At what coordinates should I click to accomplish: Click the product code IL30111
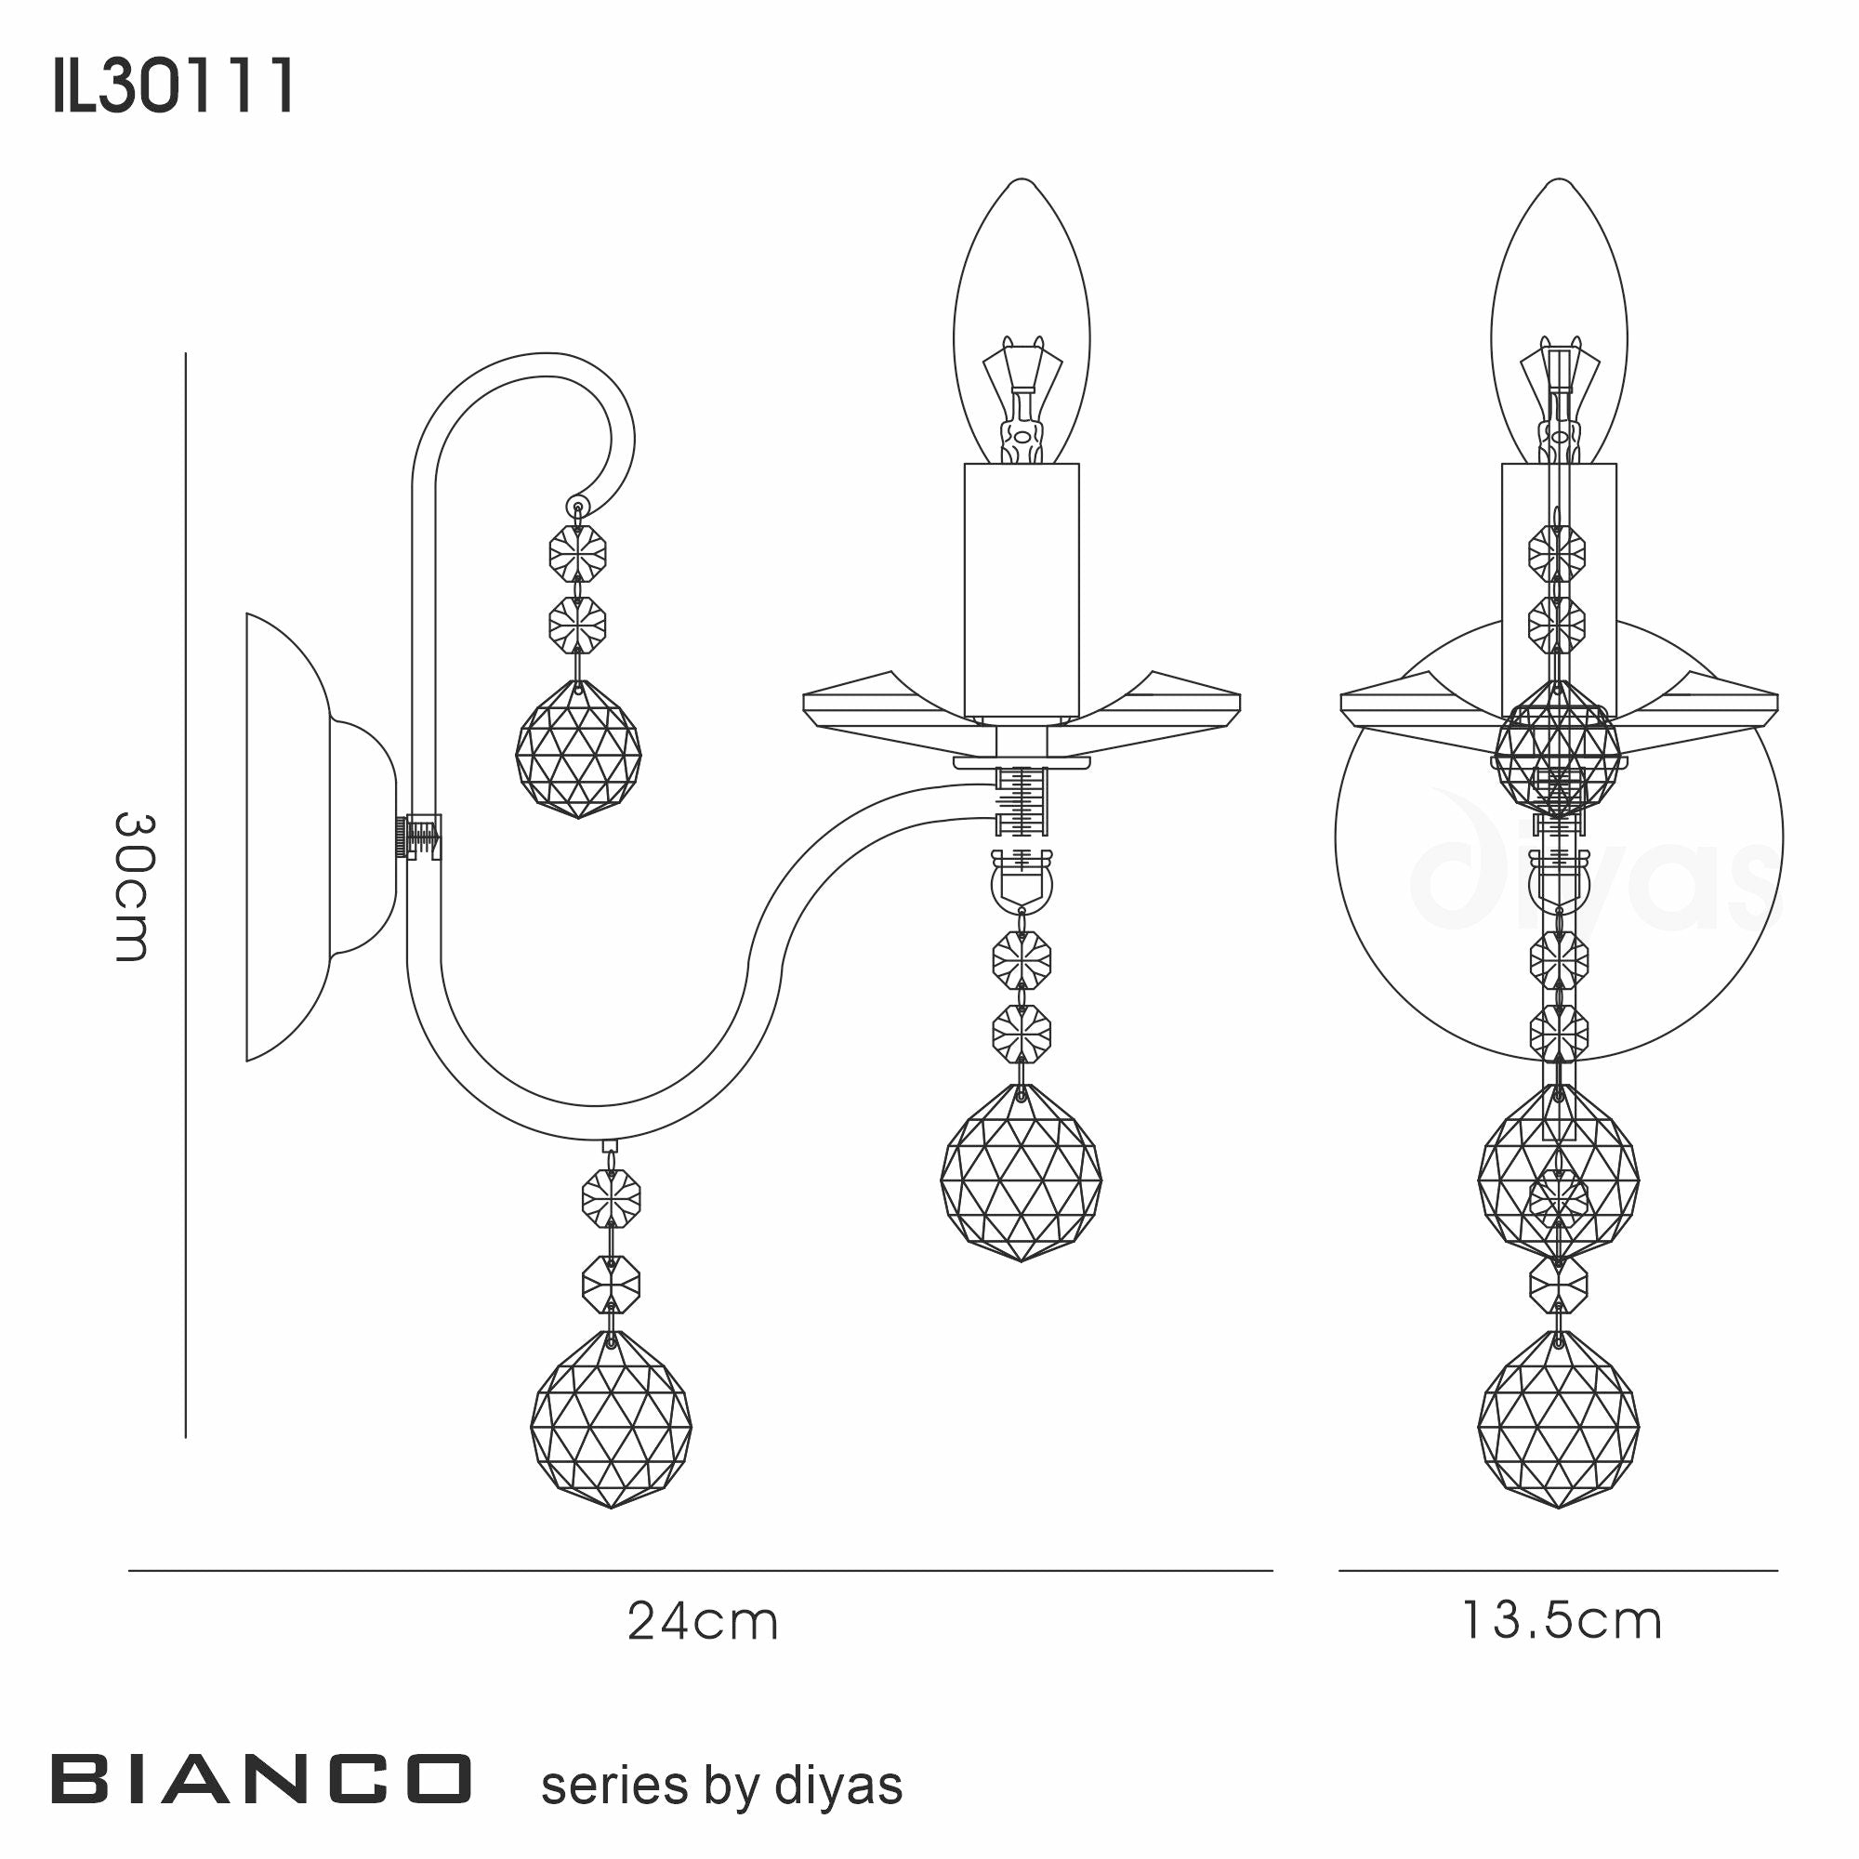tap(173, 87)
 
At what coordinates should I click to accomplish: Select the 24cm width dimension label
tap(703, 1621)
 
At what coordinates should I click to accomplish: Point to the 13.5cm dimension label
tap(1562, 1621)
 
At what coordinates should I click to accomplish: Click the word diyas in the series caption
tap(837, 1786)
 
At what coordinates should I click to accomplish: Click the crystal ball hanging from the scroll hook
tap(577, 749)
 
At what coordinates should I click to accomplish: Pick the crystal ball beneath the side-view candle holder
tap(1021, 1173)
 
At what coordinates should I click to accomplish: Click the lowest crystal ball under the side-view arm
tap(610, 1419)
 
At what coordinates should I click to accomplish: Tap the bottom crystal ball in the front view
tap(1558, 1419)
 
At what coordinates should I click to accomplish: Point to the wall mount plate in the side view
tap(289, 837)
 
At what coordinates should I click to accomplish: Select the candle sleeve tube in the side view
tap(1022, 591)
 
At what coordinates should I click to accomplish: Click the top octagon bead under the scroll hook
tap(577, 553)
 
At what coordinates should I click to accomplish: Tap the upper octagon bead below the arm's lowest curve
tap(611, 1199)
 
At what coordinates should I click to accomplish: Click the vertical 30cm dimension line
tap(185, 895)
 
